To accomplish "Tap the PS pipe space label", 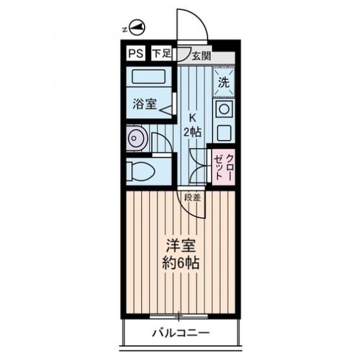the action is (136, 54).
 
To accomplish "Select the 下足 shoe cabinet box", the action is (162, 54).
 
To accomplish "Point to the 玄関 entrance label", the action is (202, 56).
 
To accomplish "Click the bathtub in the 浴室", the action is (149, 77).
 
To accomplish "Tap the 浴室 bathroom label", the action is (145, 104).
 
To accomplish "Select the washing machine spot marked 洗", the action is (224, 81).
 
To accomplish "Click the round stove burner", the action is (224, 109).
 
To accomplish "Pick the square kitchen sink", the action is (224, 132).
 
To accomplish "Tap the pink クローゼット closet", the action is (223, 167).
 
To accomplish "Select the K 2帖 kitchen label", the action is (193, 125).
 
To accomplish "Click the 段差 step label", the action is (193, 197).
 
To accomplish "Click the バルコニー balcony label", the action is (181, 333).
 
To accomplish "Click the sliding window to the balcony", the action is (178, 317).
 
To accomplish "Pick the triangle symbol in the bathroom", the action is (167, 109).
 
